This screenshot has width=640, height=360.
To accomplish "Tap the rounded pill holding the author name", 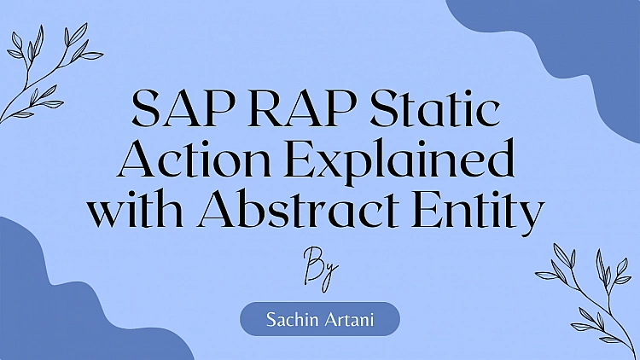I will pyautogui.click(x=319, y=319).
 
